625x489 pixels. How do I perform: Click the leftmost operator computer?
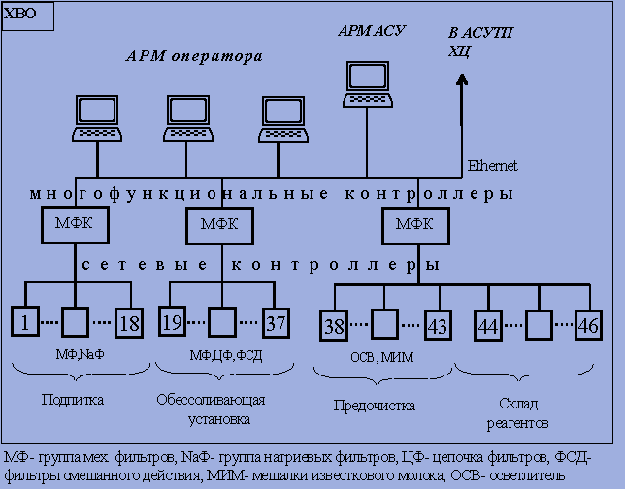[99, 120]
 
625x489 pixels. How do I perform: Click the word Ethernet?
[492, 166]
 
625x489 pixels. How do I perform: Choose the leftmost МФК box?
[75, 225]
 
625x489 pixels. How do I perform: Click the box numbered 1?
[24, 322]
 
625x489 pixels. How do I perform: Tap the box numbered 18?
[129, 322]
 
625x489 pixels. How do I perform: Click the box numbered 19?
[173, 322]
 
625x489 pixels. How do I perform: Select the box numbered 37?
[276, 322]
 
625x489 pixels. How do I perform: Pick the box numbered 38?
[333, 326]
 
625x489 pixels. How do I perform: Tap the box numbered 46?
[588, 326]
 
